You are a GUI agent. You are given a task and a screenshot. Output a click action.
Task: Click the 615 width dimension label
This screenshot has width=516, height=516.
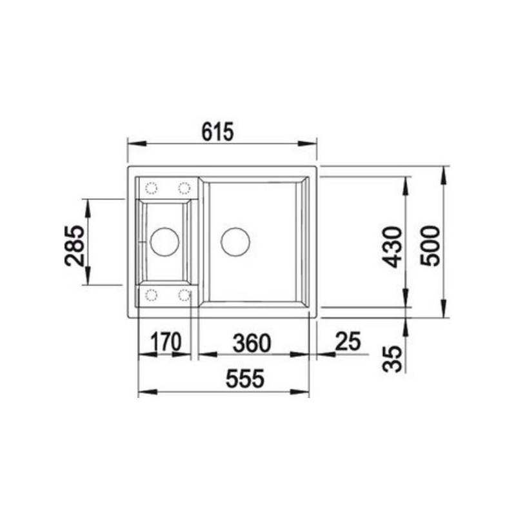[217, 132]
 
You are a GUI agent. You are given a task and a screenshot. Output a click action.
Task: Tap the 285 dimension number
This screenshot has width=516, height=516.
[74, 246]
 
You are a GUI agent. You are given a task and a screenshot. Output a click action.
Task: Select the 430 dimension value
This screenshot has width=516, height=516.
[392, 247]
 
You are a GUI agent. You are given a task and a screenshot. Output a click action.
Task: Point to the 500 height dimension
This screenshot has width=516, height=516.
[430, 246]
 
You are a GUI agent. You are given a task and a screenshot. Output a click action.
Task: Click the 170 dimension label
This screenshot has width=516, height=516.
[166, 342]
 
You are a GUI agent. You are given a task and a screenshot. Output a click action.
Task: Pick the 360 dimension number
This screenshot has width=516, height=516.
[252, 343]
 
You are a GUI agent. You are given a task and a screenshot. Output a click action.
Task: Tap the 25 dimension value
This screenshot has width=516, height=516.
[348, 341]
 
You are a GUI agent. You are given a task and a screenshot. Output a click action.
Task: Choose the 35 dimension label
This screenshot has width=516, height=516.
[393, 359]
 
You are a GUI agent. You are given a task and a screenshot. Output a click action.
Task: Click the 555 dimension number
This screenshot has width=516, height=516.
[245, 379]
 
